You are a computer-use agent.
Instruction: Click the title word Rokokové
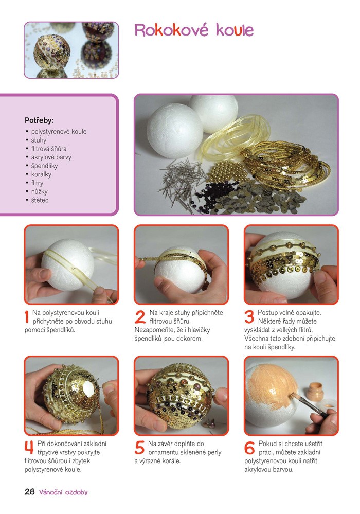[x=171, y=30]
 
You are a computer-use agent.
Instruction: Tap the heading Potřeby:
[x=39, y=120]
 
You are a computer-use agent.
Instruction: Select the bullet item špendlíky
[x=44, y=166]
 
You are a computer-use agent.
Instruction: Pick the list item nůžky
[x=39, y=191]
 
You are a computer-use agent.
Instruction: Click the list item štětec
[x=40, y=200]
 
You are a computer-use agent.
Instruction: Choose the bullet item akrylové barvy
[x=51, y=157]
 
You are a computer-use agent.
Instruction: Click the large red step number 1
[x=27, y=316]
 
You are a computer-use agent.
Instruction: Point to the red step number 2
[x=140, y=316]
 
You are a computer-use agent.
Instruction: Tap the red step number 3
[x=249, y=316]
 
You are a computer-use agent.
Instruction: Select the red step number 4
[x=29, y=448]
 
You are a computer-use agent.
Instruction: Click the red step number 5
[x=139, y=448]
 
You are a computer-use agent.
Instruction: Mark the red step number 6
[x=249, y=448]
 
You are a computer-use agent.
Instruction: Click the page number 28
[x=29, y=492]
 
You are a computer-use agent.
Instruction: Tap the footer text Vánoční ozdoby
[x=63, y=492]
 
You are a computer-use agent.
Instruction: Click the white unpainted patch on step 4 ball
[x=89, y=390]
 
